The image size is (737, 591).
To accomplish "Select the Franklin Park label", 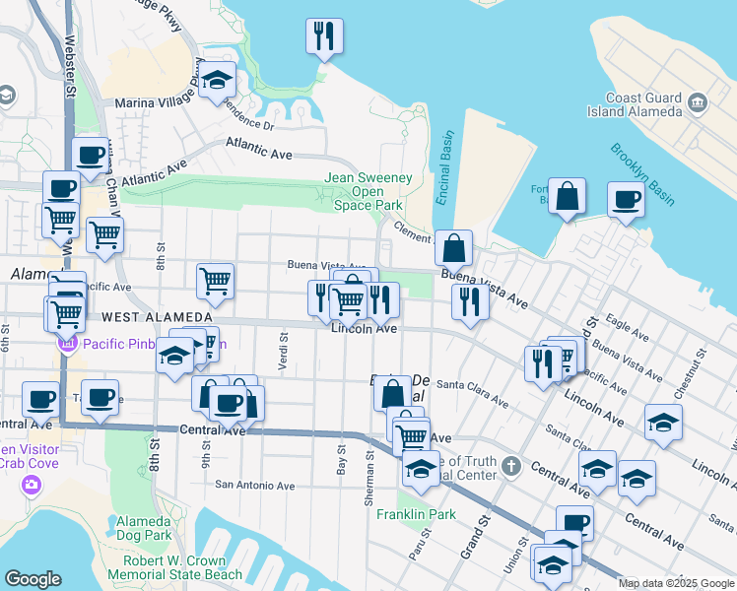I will click(416, 514).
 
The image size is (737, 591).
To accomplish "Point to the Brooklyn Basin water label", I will click(642, 174).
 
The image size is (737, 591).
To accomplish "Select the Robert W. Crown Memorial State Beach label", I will click(174, 566).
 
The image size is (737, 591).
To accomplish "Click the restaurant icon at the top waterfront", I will click(323, 37).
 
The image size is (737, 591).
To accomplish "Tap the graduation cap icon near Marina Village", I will click(218, 81).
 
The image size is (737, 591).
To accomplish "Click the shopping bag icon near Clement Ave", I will click(453, 248).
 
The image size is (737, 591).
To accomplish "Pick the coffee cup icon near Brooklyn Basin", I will click(627, 201).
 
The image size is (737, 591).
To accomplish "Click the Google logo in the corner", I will click(33, 579).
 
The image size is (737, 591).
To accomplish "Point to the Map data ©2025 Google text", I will click(676, 583).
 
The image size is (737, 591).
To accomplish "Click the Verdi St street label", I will click(283, 351).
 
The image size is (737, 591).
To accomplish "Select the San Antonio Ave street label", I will click(255, 485).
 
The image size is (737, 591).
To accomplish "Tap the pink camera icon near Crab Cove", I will click(32, 484).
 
